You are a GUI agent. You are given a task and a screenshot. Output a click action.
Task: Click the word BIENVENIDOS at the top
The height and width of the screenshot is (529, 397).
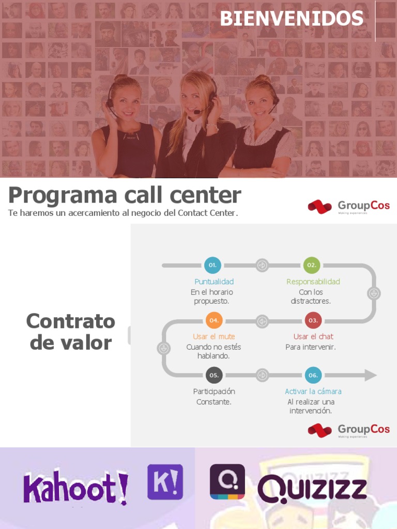coord(292,19)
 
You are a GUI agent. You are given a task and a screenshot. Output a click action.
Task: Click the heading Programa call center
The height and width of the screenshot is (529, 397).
coord(125,195)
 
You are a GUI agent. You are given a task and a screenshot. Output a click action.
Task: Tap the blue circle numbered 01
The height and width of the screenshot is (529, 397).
coord(212,265)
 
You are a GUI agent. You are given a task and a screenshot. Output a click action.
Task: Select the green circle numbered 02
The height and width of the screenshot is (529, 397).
coord(312,265)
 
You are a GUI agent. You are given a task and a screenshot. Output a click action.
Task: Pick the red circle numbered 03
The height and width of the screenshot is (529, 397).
coord(313,320)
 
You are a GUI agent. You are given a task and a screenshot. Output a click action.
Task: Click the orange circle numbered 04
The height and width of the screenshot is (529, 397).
coord(214,320)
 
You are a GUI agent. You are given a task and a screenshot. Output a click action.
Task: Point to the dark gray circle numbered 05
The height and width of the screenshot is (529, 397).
coord(214,375)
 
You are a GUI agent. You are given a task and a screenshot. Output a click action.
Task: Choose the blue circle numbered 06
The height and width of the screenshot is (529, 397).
coord(313,375)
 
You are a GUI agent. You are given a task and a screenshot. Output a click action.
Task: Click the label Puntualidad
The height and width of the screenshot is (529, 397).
coord(214,282)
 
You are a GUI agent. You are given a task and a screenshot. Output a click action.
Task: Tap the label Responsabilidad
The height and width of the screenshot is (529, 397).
coord(313,282)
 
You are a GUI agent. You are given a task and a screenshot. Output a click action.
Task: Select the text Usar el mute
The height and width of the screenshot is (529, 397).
coord(214,336)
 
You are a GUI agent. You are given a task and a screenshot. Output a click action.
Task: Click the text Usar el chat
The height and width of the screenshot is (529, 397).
coord(313,336)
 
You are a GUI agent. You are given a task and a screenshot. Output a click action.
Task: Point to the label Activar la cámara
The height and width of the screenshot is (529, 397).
coord(313,392)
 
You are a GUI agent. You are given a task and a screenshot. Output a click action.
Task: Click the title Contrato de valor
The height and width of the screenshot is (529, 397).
coord(71,332)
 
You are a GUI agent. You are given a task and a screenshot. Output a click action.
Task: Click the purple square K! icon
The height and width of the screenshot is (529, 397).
coord(165,482)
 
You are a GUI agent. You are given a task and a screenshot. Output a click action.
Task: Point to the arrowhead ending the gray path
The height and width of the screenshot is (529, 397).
coord(371,375)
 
